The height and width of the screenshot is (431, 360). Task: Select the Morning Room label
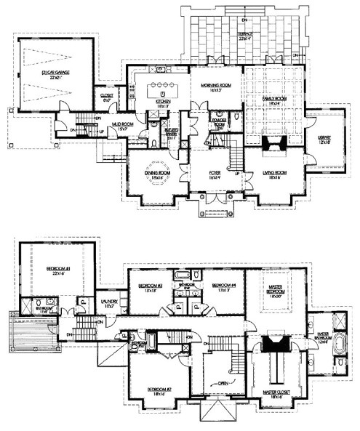(x=216, y=85)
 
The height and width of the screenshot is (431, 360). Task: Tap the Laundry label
(x=113, y=307)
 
